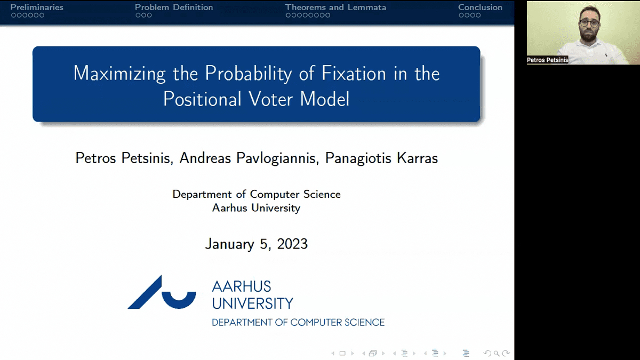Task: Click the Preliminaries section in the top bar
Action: [37, 7]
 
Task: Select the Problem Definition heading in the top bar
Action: [174, 7]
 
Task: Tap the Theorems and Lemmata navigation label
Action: [335, 7]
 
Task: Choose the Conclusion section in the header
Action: [481, 7]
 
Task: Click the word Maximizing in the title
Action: [119, 74]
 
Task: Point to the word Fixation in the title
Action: [354, 73]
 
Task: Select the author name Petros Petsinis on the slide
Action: [124, 158]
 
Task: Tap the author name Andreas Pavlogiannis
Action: [249, 158]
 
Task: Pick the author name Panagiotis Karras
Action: [381, 158]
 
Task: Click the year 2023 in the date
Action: [292, 244]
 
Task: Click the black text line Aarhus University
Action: [257, 207]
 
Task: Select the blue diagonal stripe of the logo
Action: [145, 292]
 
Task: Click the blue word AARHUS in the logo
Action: [242, 286]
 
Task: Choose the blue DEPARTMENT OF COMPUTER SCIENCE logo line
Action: [298, 323]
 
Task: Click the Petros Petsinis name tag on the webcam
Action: [547, 60]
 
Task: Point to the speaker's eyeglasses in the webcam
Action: [589, 23]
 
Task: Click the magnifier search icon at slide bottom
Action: [497, 354]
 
